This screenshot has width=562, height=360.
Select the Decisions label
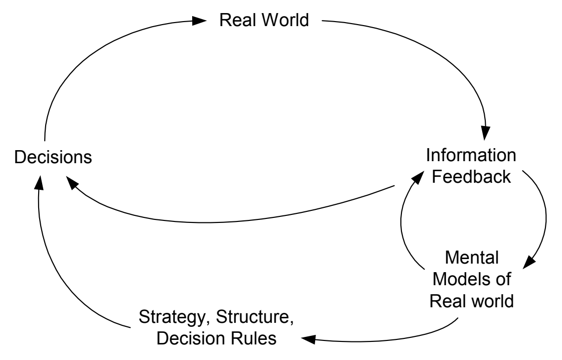click(53, 157)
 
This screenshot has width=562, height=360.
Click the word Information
click(471, 155)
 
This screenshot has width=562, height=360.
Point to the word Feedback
click(471, 176)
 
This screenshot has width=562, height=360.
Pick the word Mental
click(472, 258)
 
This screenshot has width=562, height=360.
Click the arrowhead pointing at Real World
click(199, 21)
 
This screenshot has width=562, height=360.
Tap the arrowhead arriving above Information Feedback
click(486, 133)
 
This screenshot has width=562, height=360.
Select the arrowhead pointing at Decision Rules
click(309, 339)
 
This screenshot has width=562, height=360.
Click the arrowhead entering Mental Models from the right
click(529, 262)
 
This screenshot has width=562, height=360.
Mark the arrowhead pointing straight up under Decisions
click(40, 183)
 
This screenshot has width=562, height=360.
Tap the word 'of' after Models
click(503, 279)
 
